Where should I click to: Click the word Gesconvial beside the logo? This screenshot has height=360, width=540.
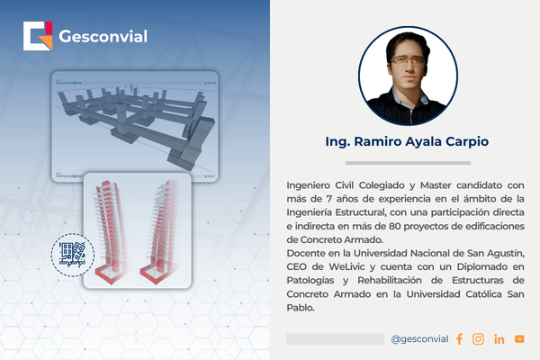pyautogui.click(x=103, y=37)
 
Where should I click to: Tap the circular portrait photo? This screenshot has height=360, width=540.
pyautogui.click(x=405, y=74)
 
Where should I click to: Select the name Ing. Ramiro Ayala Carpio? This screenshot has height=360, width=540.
pyautogui.click(x=405, y=142)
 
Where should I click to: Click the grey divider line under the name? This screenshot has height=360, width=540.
pyautogui.click(x=405, y=162)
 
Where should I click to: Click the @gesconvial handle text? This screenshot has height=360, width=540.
pyautogui.click(x=420, y=338)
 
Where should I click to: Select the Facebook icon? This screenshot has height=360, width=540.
pyautogui.click(x=460, y=338)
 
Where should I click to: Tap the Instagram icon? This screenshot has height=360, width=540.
pyautogui.click(x=479, y=338)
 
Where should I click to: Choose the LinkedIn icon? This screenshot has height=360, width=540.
pyautogui.click(x=499, y=338)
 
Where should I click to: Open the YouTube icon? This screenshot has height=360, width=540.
pyautogui.click(x=519, y=338)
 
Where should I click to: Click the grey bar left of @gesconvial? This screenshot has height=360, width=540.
pyautogui.click(x=335, y=338)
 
